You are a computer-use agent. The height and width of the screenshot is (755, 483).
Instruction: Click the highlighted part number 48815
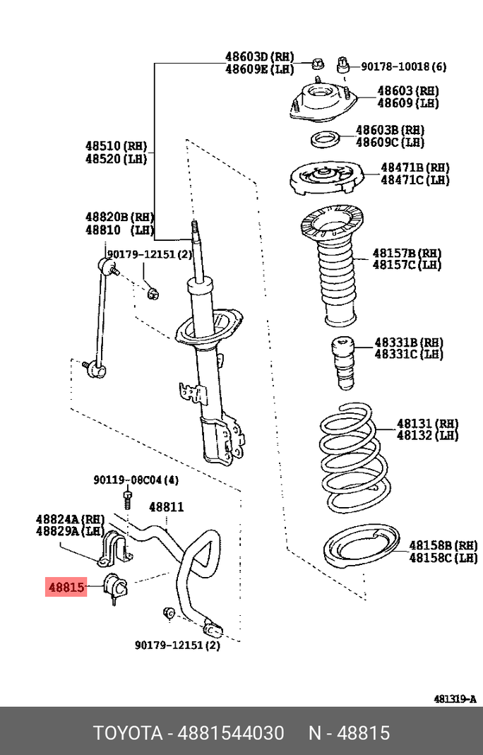point(66,586)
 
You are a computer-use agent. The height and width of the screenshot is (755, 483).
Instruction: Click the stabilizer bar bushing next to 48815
point(114,587)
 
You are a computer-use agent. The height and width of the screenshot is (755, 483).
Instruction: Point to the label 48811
point(166,507)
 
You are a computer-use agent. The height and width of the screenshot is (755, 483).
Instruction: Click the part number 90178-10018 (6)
point(404,66)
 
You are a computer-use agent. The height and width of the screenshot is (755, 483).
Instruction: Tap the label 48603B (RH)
point(390,130)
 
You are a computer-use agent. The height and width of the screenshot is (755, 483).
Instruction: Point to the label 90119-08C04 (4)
point(136,480)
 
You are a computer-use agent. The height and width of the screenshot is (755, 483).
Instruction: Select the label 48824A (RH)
point(70,519)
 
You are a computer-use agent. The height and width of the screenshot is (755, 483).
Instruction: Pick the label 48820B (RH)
point(119,217)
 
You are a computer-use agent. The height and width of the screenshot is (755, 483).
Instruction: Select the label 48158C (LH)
point(443,559)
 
